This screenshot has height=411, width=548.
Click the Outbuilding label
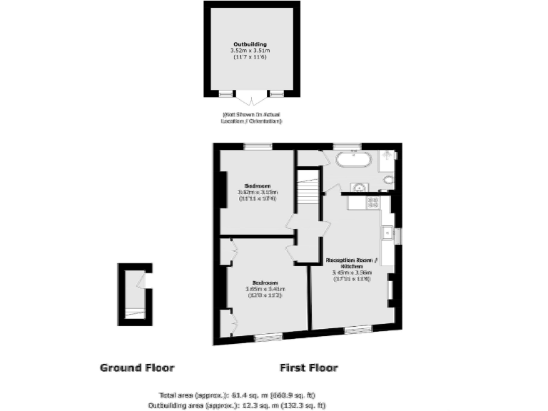pos(248,44)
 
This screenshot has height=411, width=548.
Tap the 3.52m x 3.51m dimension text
pos(248,51)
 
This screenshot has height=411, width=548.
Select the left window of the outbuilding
pos(225,93)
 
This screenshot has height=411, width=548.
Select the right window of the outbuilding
pos(275,93)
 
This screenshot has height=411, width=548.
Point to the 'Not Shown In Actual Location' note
pos(251,118)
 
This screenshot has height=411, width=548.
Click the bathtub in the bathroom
pos(353,158)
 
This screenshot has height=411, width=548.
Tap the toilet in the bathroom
pos(388,180)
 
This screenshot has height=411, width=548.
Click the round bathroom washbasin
pos(360,188)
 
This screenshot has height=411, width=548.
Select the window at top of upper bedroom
pos(258,147)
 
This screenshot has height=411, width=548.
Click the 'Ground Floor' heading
pos(136,368)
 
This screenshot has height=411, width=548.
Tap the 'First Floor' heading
pos(308,368)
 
